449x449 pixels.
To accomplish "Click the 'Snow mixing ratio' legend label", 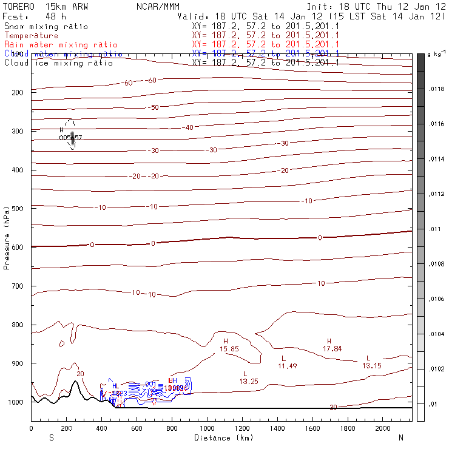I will (46, 27).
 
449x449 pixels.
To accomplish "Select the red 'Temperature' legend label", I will (32, 36).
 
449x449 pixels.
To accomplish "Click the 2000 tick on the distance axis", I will (383, 428).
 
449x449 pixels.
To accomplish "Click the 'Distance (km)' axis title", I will (221, 437).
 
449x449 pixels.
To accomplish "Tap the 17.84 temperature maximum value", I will (333, 349).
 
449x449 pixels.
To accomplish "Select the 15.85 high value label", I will (229, 349).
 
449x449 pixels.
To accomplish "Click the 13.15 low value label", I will (372, 366).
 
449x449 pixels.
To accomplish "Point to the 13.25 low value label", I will (249, 381).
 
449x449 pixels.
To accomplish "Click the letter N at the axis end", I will (400, 437).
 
